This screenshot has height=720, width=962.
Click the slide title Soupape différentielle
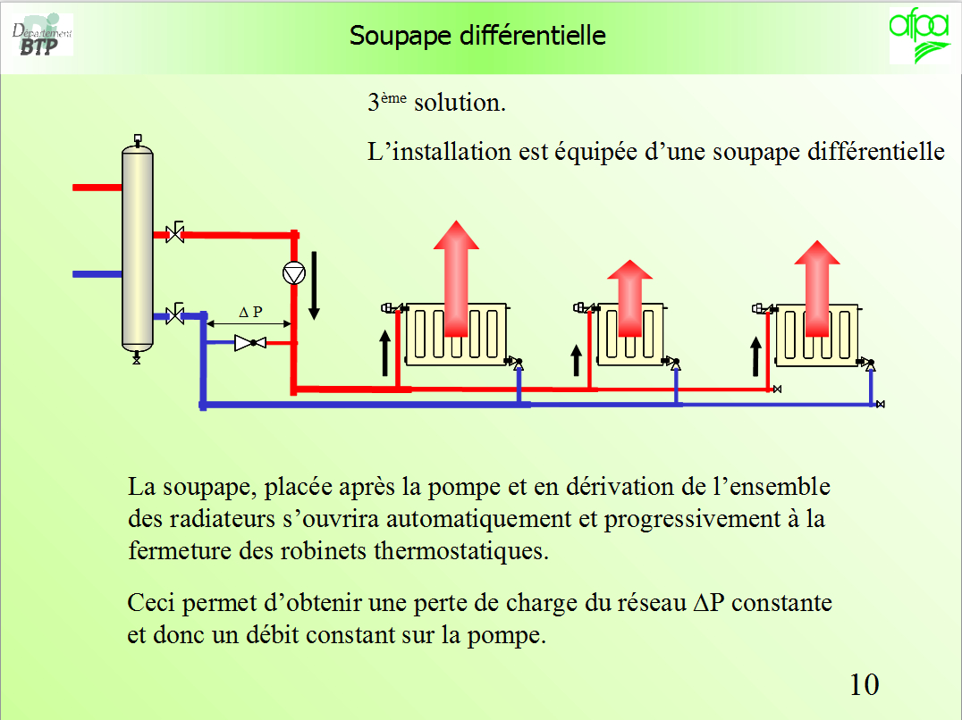[477, 36]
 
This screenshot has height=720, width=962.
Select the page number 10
[864, 685]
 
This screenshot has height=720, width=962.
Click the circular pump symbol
[293, 272]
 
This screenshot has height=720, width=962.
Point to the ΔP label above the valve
[251, 313]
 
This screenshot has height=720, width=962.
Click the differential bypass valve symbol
[249, 342]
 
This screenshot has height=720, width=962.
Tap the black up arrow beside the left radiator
[385, 352]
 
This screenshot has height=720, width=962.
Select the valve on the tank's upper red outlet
[175, 235]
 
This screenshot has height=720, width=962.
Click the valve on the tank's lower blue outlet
[175, 314]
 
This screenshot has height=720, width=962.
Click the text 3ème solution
[436, 103]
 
